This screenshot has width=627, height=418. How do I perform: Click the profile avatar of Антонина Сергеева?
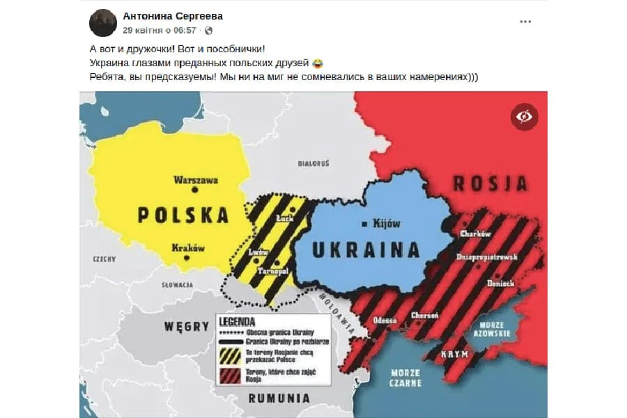pyautogui.click(x=102, y=23)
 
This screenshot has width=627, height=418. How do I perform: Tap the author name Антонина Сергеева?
pyautogui.click(x=173, y=16)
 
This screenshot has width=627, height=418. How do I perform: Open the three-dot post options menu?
pyautogui.click(x=525, y=22)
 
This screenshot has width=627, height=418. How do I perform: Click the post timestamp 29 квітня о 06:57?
pyautogui.click(x=160, y=31)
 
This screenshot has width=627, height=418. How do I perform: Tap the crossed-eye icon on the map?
pyautogui.click(x=524, y=116)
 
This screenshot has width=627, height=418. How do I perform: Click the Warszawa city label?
pyautogui.click(x=196, y=180)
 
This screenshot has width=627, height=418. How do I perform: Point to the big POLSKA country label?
pyautogui.click(x=183, y=214)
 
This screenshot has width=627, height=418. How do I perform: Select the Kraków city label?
pyautogui.click(x=187, y=247)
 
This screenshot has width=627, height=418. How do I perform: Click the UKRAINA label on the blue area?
pyautogui.click(x=366, y=249)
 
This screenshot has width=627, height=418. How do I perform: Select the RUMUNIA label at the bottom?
pyautogui.click(x=279, y=398)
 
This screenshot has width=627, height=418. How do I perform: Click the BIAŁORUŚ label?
pyautogui.click(x=313, y=163)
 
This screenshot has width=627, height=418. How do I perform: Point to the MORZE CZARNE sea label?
pyautogui.click(x=405, y=377)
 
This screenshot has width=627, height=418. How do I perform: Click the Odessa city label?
pyautogui.click(x=385, y=320)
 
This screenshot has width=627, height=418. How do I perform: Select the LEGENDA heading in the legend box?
pyautogui.click(x=237, y=323)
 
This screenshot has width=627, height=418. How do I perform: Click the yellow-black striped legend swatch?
pyautogui.click(x=229, y=356)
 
